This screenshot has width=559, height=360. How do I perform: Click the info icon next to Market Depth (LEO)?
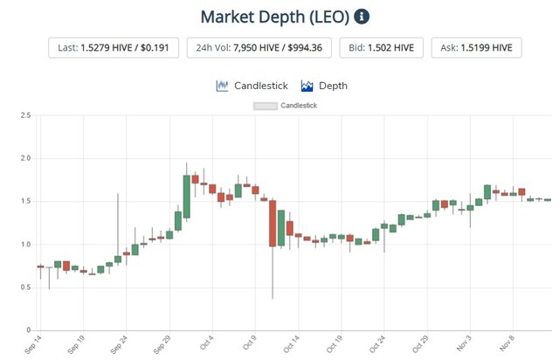point(362,17)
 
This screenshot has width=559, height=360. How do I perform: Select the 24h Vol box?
point(258,46)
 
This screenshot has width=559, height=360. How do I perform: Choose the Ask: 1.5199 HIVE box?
point(476,46)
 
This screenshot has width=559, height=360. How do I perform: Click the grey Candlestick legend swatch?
point(265,106)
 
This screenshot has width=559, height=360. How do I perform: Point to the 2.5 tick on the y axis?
point(26,115)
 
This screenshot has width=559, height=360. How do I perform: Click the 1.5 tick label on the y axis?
point(26,201)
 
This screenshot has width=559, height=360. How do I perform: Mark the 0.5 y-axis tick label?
point(26,287)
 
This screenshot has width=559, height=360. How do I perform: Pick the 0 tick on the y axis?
point(29,330)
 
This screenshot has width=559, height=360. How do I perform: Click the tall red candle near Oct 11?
point(273,224)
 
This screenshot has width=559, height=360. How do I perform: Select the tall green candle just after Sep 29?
point(187,192)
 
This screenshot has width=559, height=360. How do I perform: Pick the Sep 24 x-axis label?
point(119,345)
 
